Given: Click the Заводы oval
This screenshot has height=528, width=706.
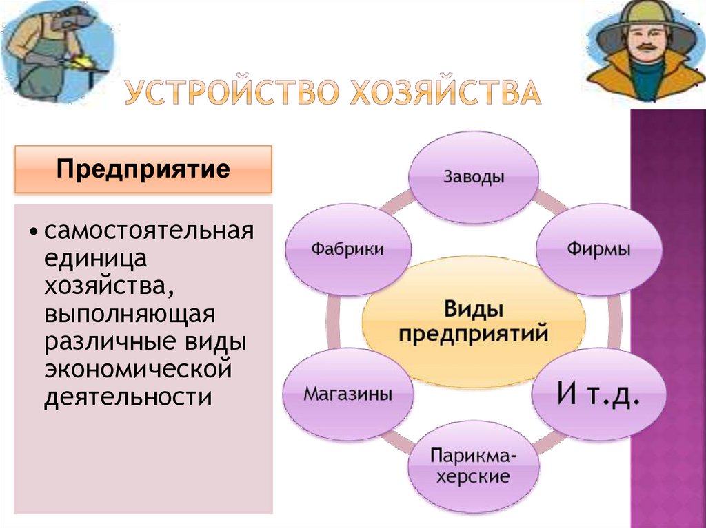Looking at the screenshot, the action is coord(474,178).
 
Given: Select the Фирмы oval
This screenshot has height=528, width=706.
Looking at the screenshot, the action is coord(598,249).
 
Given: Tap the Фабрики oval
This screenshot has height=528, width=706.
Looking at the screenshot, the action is coord(347,249).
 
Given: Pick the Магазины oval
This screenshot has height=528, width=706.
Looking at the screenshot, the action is coord(347,395).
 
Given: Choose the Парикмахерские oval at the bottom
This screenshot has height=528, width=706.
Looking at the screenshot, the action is coord(472,466).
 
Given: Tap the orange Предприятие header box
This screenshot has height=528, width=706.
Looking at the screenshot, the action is coord(143,169).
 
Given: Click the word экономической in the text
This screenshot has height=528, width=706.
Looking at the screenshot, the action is coord(137,370).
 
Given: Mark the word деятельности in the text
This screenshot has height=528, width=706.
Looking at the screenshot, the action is coord(128,397).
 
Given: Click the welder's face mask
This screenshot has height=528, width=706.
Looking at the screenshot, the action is coord(73,19).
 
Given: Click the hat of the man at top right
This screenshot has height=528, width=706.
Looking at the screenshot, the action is coord(645,14).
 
